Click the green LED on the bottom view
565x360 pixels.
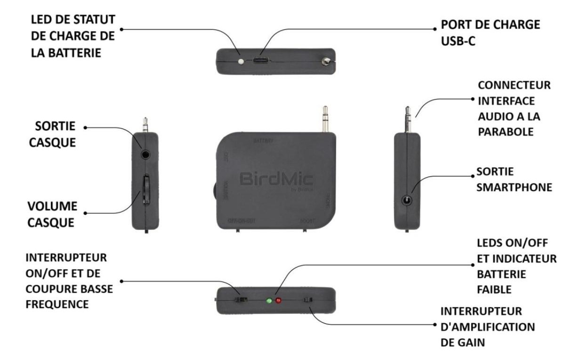coord(269,301)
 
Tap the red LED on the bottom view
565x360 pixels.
coord(278,301)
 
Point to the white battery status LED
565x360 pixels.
coord(242,61)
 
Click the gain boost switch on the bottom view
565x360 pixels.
coord(309,300)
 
